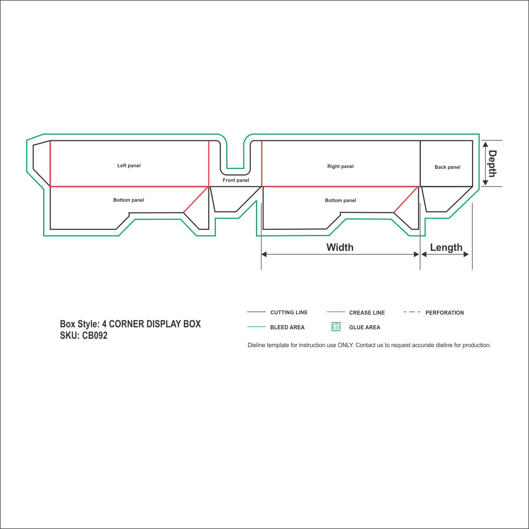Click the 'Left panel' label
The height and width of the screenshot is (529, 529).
pyautogui.click(x=129, y=166)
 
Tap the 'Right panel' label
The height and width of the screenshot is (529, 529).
pyautogui.click(x=340, y=166)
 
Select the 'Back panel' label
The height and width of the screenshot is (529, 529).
pyautogui.click(x=447, y=167)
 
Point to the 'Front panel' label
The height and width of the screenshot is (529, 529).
pyautogui.click(x=236, y=180)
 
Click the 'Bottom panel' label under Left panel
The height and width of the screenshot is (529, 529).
pyautogui.click(x=129, y=200)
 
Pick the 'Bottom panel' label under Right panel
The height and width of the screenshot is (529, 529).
pyautogui.click(x=340, y=201)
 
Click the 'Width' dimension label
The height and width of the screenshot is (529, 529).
pyautogui.click(x=340, y=247)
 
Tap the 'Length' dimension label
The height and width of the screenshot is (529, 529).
pyautogui.click(x=446, y=248)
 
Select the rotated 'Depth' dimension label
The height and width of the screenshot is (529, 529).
pyautogui.click(x=493, y=164)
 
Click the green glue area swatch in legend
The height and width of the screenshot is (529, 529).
pyautogui.click(x=336, y=327)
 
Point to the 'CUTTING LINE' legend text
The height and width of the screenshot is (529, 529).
pyautogui.click(x=289, y=312)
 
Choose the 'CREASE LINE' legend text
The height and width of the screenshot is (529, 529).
pyautogui.click(x=367, y=313)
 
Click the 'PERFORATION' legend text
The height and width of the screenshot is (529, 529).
pyautogui.click(x=445, y=313)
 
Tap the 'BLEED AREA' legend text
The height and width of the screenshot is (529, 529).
pyautogui.click(x=287, y=327)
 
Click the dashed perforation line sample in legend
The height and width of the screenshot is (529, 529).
pyautogui.click(x=412, y=312)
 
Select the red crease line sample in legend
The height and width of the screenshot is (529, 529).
pyautogui.click(x=336, y=312)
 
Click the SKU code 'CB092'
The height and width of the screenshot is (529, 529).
pyautogui.click(x=95, y=336)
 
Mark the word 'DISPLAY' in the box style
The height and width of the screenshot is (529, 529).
pyautogui.click(x=162, y=324)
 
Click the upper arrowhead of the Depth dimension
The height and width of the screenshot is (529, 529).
pyautogui.click(x=485, y=145)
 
